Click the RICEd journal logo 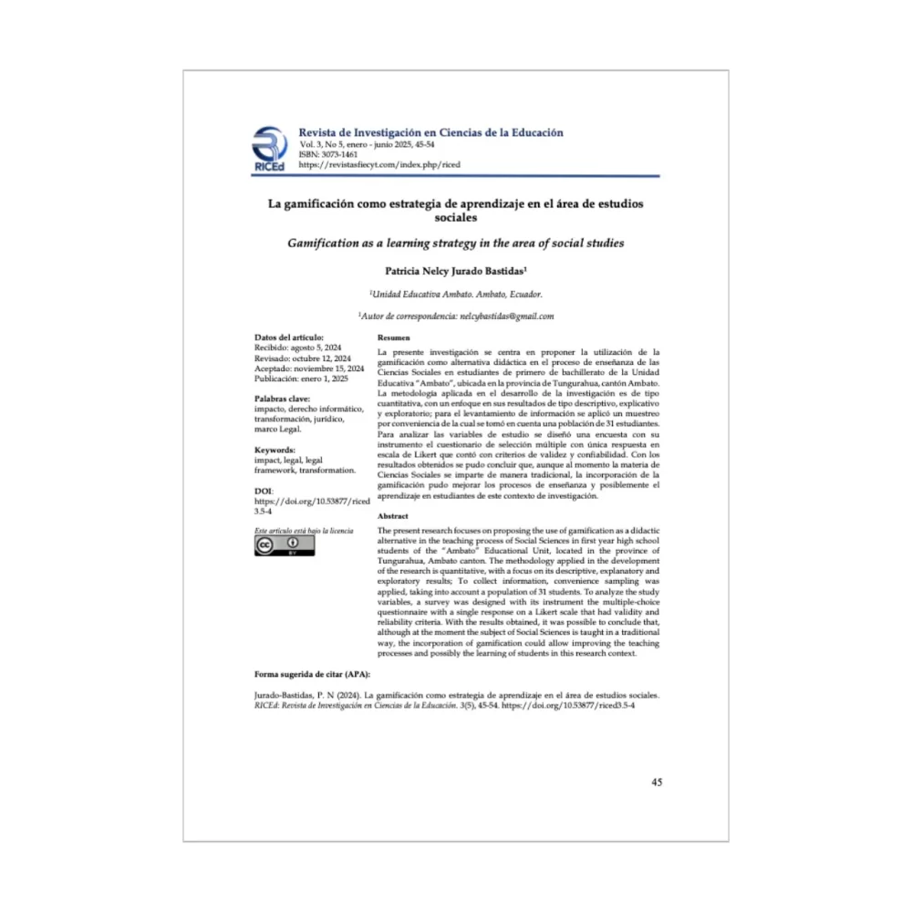click(x=269, y=150)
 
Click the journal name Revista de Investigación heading click(x=430, y=132)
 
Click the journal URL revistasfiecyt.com click(x=379, y=165)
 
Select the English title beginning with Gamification click(x=455, y=244)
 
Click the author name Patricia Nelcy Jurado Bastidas click(x=455, y=271)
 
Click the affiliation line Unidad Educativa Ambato click(x=455, y=294)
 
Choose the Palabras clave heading click(x=283, y=399)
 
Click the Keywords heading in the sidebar click(x=275, y=450)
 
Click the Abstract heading click(x=393, y=517)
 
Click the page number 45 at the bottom click(x=657, y=782)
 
